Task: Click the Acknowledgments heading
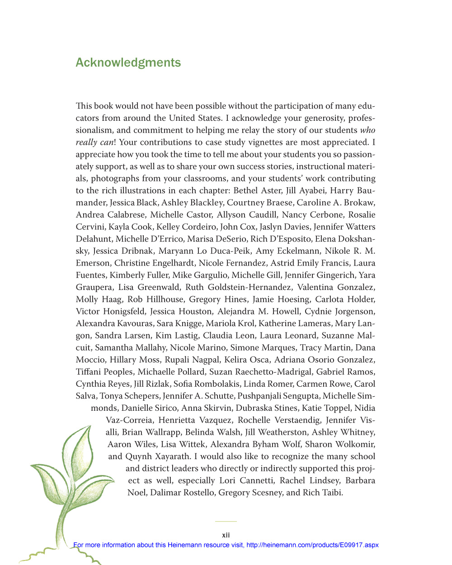(128, 62)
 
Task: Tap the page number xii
(226, 535)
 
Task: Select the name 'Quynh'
(139, 456)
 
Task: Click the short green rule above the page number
(226, 522)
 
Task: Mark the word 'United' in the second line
(182, 118)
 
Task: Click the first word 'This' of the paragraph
(84, 106)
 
